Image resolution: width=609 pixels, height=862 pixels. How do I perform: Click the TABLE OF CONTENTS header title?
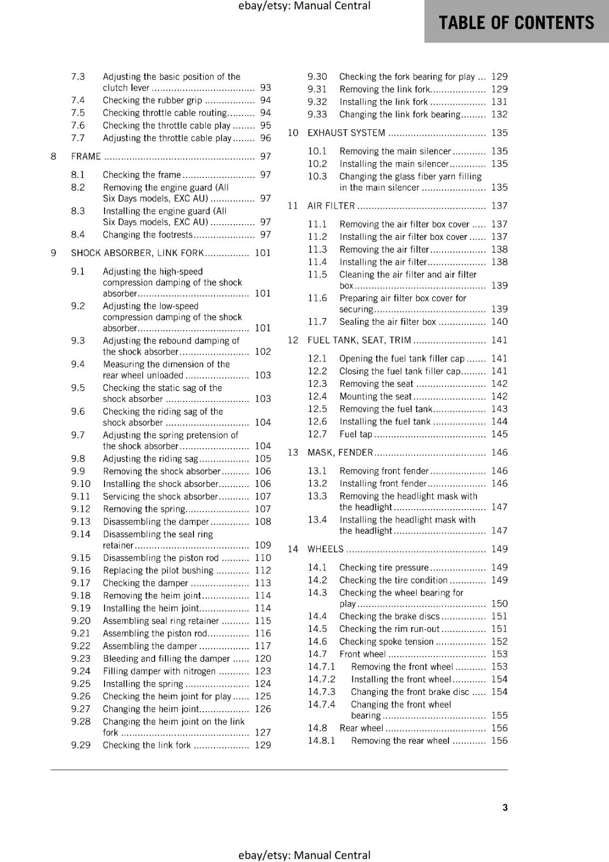coord(516,23)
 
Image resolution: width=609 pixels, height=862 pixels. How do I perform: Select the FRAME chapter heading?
coord(86,156)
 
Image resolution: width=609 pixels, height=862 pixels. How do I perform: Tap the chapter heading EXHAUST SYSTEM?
coord(346,133)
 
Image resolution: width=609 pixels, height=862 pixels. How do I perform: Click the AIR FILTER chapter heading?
coord(331,205)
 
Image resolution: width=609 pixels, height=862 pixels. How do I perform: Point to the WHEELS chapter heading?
coord(325,549)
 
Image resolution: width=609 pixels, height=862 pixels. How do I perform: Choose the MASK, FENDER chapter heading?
coord(340,453)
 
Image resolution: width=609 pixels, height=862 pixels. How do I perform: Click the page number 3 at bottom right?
coord(505,807)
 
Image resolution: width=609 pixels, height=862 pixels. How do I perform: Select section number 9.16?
coord(81,570)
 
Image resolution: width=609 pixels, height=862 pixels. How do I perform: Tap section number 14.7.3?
coord(321,692)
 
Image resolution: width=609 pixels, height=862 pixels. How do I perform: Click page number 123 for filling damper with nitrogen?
coord(263,671)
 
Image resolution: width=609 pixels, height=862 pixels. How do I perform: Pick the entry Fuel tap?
coord(356,434)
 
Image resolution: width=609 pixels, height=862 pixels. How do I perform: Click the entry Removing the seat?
coord(376,384)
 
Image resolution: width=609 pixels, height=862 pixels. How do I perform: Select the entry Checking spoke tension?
coord(386,641)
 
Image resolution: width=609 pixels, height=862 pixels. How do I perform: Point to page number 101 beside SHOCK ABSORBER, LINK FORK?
coord(263,253)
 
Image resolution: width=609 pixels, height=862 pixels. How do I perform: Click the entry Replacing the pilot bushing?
coord(158,570)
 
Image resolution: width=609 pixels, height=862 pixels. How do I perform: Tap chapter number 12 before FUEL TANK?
coord(293,340)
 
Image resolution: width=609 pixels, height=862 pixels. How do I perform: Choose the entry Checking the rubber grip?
coord(153,100)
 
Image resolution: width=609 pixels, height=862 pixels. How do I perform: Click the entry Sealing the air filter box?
coord(387,322)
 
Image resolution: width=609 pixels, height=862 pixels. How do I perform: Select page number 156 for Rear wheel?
coord(500,728)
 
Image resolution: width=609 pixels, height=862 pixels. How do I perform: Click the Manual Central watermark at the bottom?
coord(304,855)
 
